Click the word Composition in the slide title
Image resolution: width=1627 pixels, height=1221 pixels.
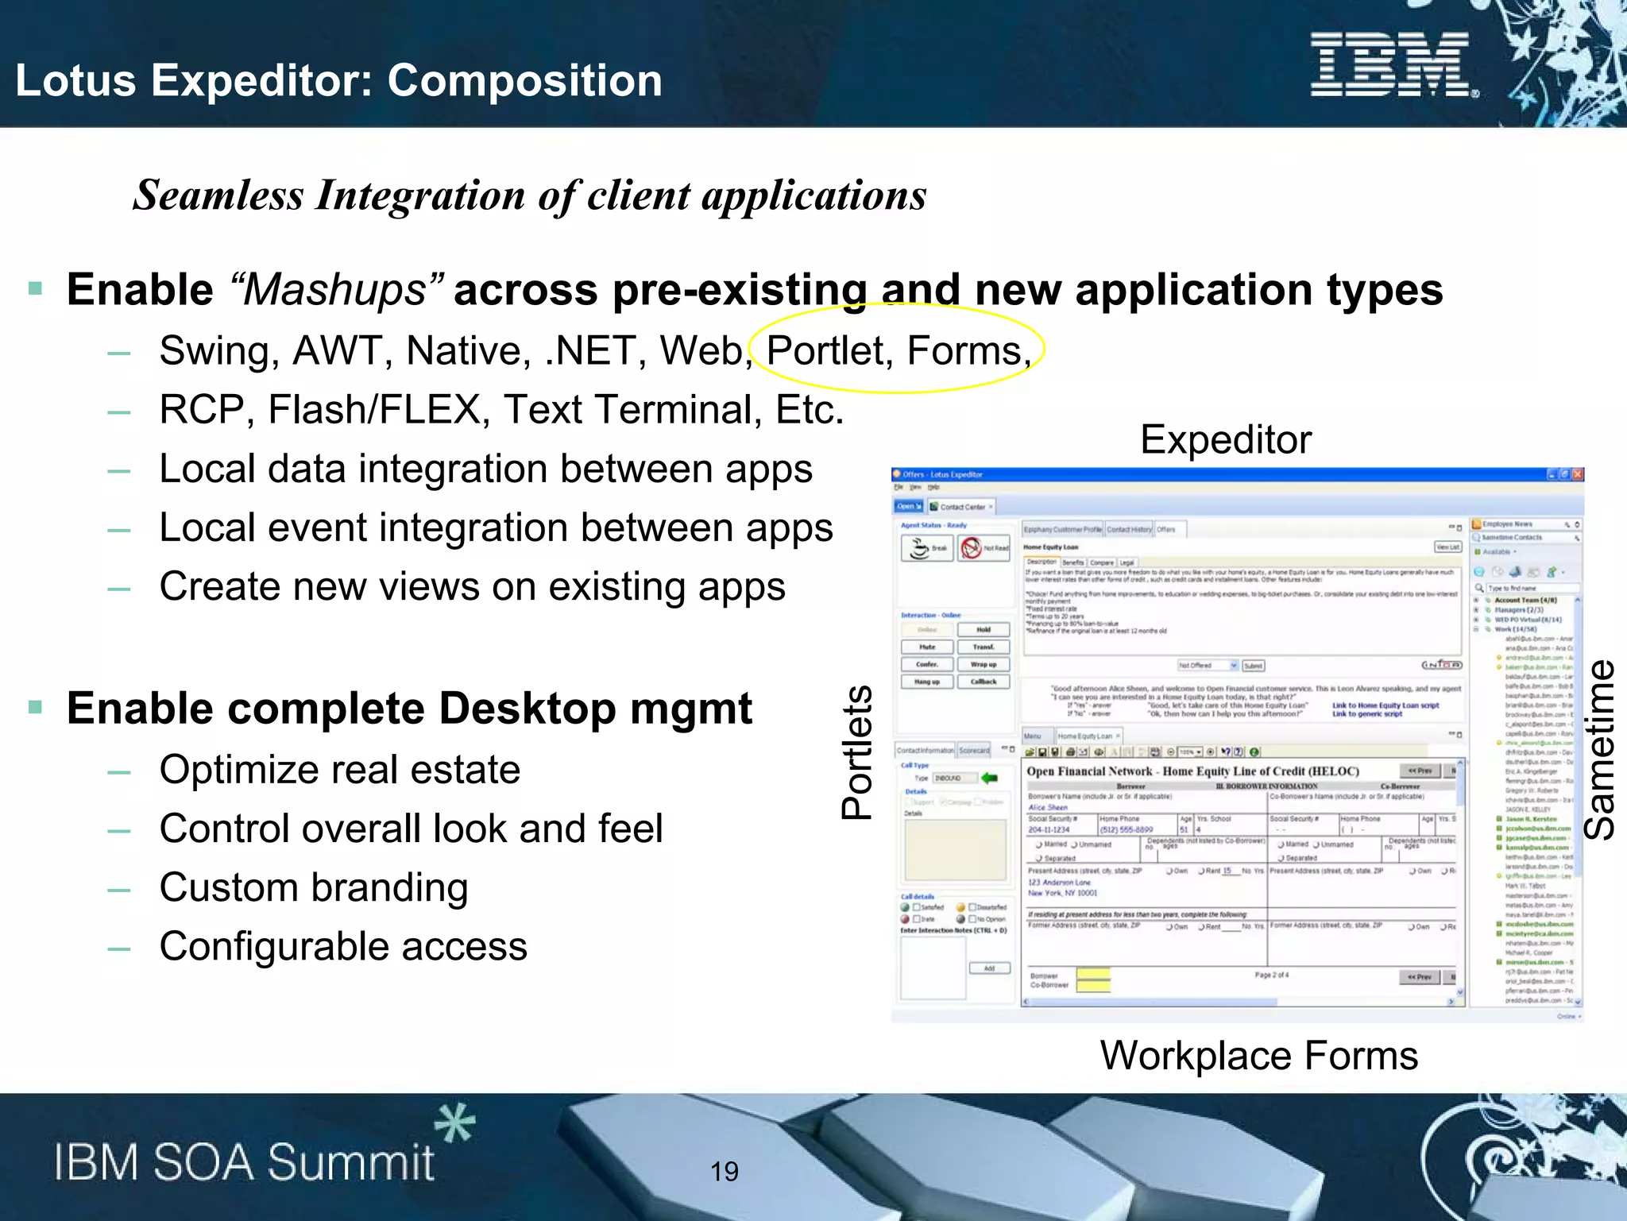524,81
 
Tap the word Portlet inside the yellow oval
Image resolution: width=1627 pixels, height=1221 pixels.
825,351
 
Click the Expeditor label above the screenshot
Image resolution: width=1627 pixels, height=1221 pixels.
1225,440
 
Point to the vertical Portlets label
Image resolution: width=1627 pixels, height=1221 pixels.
857,752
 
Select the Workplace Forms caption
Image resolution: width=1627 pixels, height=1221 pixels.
1258,1056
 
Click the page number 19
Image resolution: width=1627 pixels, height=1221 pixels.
724,1171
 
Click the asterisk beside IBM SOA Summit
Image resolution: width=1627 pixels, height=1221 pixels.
454,1123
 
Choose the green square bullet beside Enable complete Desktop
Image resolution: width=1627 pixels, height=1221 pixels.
35,707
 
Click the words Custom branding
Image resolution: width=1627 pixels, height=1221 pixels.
314,888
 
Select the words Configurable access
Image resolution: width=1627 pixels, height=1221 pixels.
343,947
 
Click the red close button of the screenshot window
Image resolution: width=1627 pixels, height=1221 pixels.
1578,474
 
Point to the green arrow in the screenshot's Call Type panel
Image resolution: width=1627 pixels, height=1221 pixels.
989,778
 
